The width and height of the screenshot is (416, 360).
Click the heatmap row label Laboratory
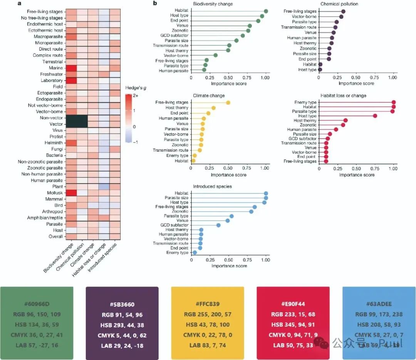pos(51,80)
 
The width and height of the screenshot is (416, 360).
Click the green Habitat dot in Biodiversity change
pos(266,12)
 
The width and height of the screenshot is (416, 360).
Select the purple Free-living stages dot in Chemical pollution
pos(343,12)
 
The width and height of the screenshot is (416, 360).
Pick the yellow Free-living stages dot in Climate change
pos(228,102)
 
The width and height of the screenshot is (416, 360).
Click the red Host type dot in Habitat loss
pos(375,116)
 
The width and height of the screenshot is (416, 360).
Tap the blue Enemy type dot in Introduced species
pos(195,253)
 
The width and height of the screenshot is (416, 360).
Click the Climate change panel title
pos(209,95)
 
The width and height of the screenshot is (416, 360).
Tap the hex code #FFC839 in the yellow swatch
pos(207,304)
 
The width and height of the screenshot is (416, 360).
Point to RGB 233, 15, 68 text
pos(292,314)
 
